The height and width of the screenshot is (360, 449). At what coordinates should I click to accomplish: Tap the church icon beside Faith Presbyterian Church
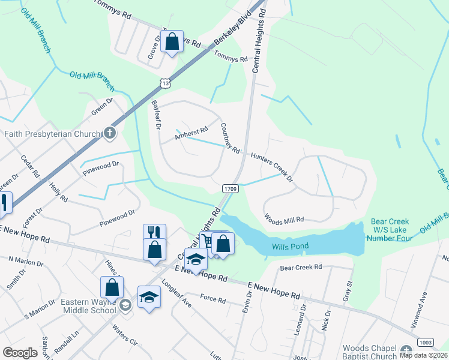109,133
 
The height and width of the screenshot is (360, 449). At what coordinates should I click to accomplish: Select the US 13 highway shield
164,81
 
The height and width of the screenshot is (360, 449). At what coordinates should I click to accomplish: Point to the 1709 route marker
231,188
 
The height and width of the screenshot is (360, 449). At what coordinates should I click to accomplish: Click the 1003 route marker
425,341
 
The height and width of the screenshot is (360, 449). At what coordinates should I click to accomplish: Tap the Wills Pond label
289,247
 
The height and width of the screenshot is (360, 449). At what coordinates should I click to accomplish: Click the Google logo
20,352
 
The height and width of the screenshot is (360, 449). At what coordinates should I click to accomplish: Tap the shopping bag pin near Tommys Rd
172,42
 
